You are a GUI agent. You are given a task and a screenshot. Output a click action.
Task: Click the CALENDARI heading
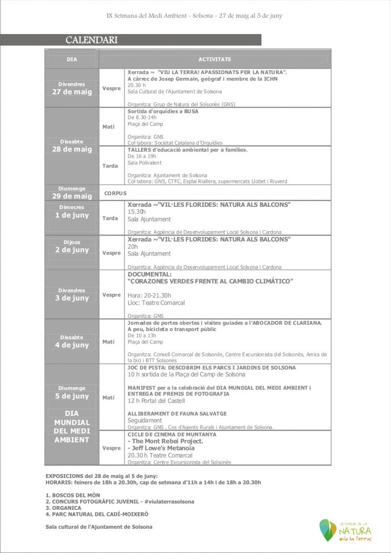coord(92,40)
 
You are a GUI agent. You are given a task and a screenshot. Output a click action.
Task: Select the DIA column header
coord(72,59)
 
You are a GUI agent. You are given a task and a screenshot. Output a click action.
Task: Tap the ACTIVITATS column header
coord(214,59)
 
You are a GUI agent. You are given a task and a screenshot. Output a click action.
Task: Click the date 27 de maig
coord(72,92)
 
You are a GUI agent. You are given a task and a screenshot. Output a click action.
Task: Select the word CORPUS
coord(116,193)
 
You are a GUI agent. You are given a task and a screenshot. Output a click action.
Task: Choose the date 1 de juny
coord(72,215)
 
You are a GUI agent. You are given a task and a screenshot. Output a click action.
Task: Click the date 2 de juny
coord(72,250)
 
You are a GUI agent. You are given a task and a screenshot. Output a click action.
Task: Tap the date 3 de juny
coord(72,298)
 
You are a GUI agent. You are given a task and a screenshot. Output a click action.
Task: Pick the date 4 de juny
coord(72,345)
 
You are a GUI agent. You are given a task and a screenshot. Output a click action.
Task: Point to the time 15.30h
coord(138,212)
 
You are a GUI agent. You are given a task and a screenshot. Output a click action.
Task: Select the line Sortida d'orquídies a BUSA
coord(163,111)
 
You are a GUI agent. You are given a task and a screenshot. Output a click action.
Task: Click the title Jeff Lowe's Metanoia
coord(161,448)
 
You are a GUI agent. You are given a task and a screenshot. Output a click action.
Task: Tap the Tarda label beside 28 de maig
coord(110,166)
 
